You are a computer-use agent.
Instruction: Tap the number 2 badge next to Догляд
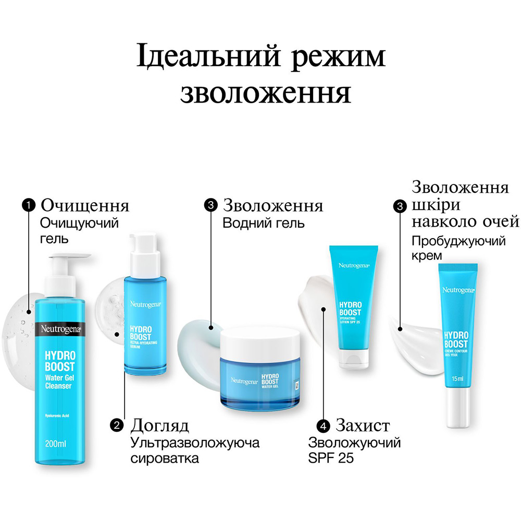coord(117,426)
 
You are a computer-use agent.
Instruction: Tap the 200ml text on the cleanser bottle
coord(56,444)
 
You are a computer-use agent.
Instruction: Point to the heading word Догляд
coord(159,426)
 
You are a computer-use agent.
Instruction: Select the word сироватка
coord(165,458)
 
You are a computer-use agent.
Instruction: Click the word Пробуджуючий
coord(458,242)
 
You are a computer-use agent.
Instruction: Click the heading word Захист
coord(363,426)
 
